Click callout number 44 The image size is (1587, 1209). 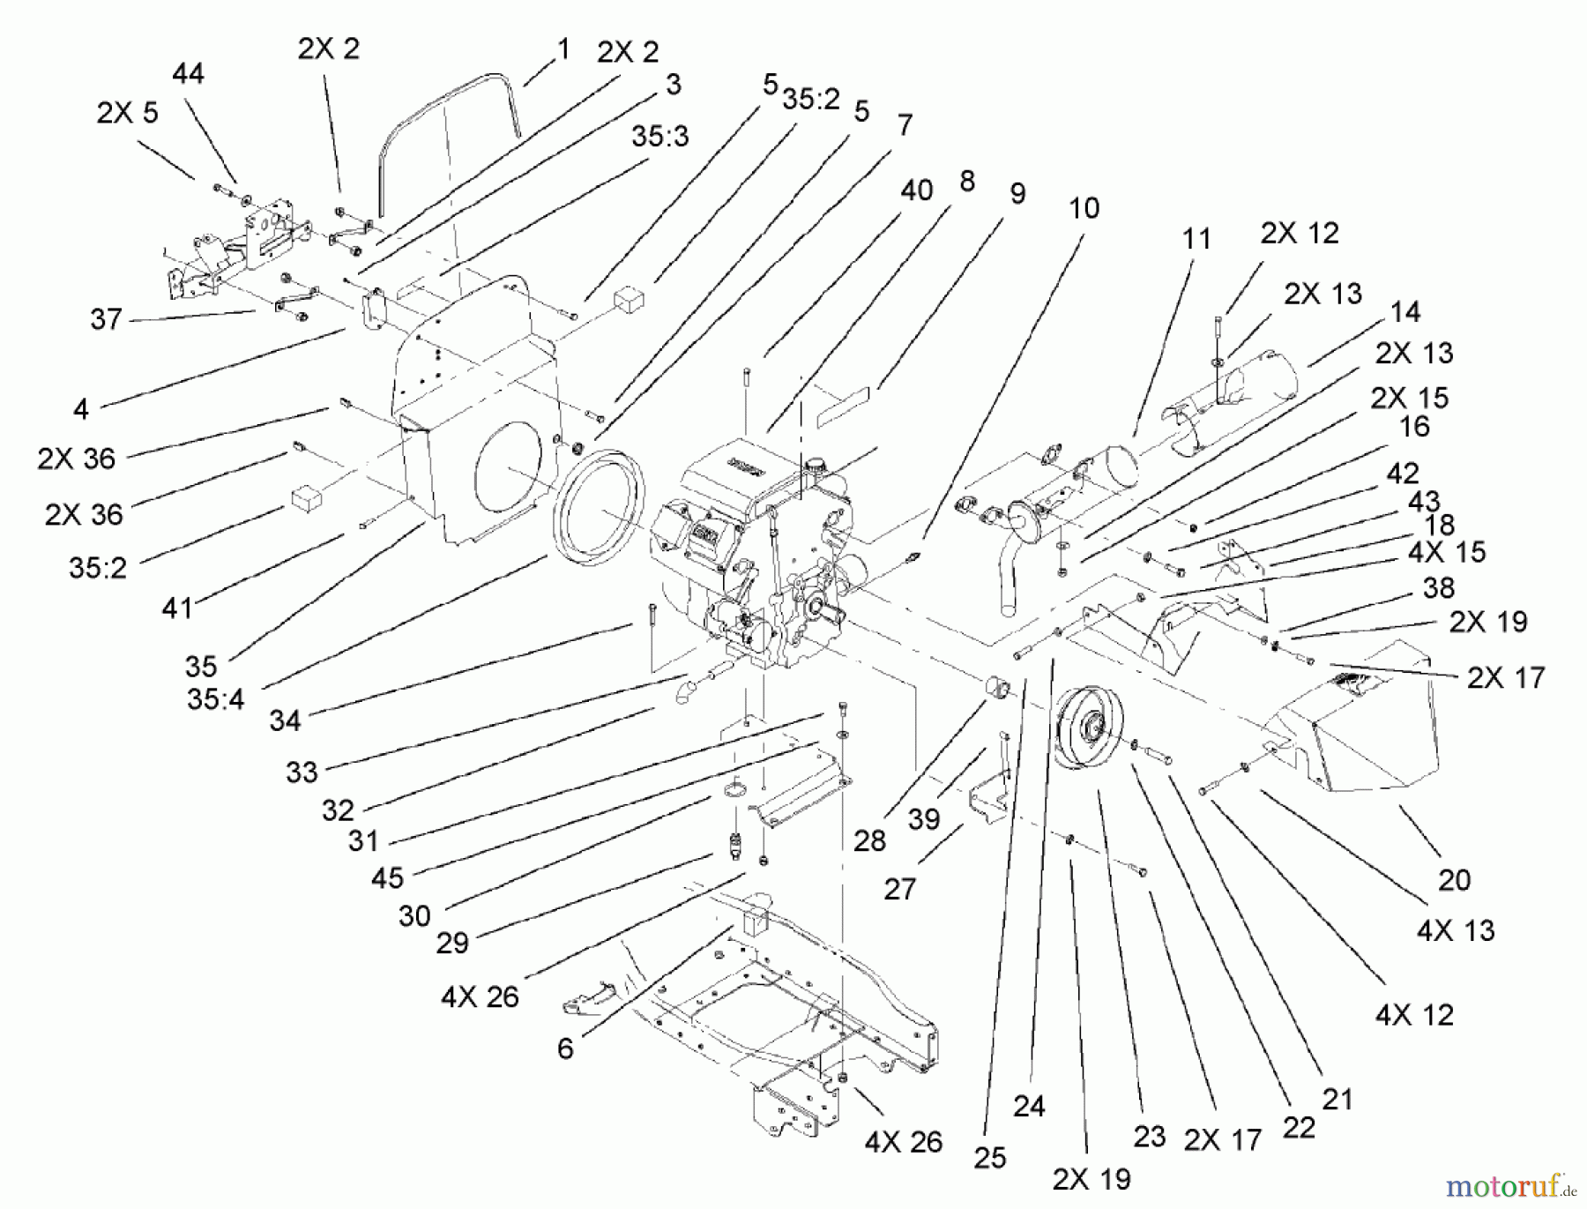188,74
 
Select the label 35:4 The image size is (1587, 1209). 216,699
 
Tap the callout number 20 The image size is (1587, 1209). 1455,879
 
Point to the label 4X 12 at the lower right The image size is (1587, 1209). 1414,1015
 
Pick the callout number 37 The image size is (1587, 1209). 106,319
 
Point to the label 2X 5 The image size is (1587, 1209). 127,114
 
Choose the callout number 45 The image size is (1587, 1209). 387,877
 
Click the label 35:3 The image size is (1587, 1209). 659,138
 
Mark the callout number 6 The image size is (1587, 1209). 565,1048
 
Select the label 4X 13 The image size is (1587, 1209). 1456,931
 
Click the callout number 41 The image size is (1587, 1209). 177,608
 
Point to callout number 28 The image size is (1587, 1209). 869,840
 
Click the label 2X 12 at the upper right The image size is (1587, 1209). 1300,234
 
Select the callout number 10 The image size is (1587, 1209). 1084,209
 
